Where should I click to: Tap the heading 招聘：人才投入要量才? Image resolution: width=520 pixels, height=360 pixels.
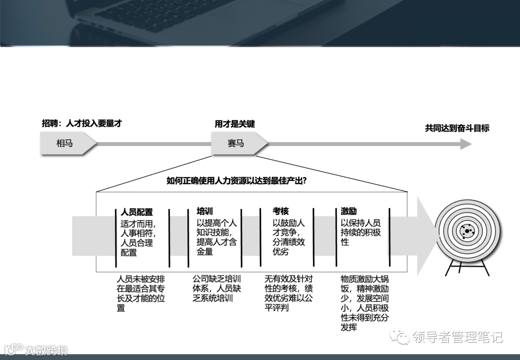pyautogui.click(x=82, y=123)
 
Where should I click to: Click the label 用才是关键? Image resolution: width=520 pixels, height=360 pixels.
pyautogui.click(x=234, y=124)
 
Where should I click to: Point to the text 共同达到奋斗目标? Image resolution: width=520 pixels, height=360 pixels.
pyautogui.click(x=457, y=128)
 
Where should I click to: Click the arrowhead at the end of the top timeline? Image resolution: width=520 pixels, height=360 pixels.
pyautogui.click(x=466, y=144)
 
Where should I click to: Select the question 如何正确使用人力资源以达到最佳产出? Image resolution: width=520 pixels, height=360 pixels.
pyautogui.click(x=237, y=181)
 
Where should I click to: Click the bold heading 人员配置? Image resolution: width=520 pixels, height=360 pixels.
pyautogui.click(x=137, y=212)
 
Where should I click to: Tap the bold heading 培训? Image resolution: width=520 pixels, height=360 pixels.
pyautogui.click(x=205, y=211)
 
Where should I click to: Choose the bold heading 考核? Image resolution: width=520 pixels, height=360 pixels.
pyautogui.click(x=281, y=211)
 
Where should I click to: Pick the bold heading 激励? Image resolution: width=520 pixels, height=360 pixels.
pyautogui.click(x=349, y=211)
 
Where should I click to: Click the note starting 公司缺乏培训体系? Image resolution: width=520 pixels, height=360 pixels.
pyautogui.click(x=217, y=288)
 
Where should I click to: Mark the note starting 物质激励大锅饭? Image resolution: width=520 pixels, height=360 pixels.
pyautogui.click(x=364, y=303)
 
